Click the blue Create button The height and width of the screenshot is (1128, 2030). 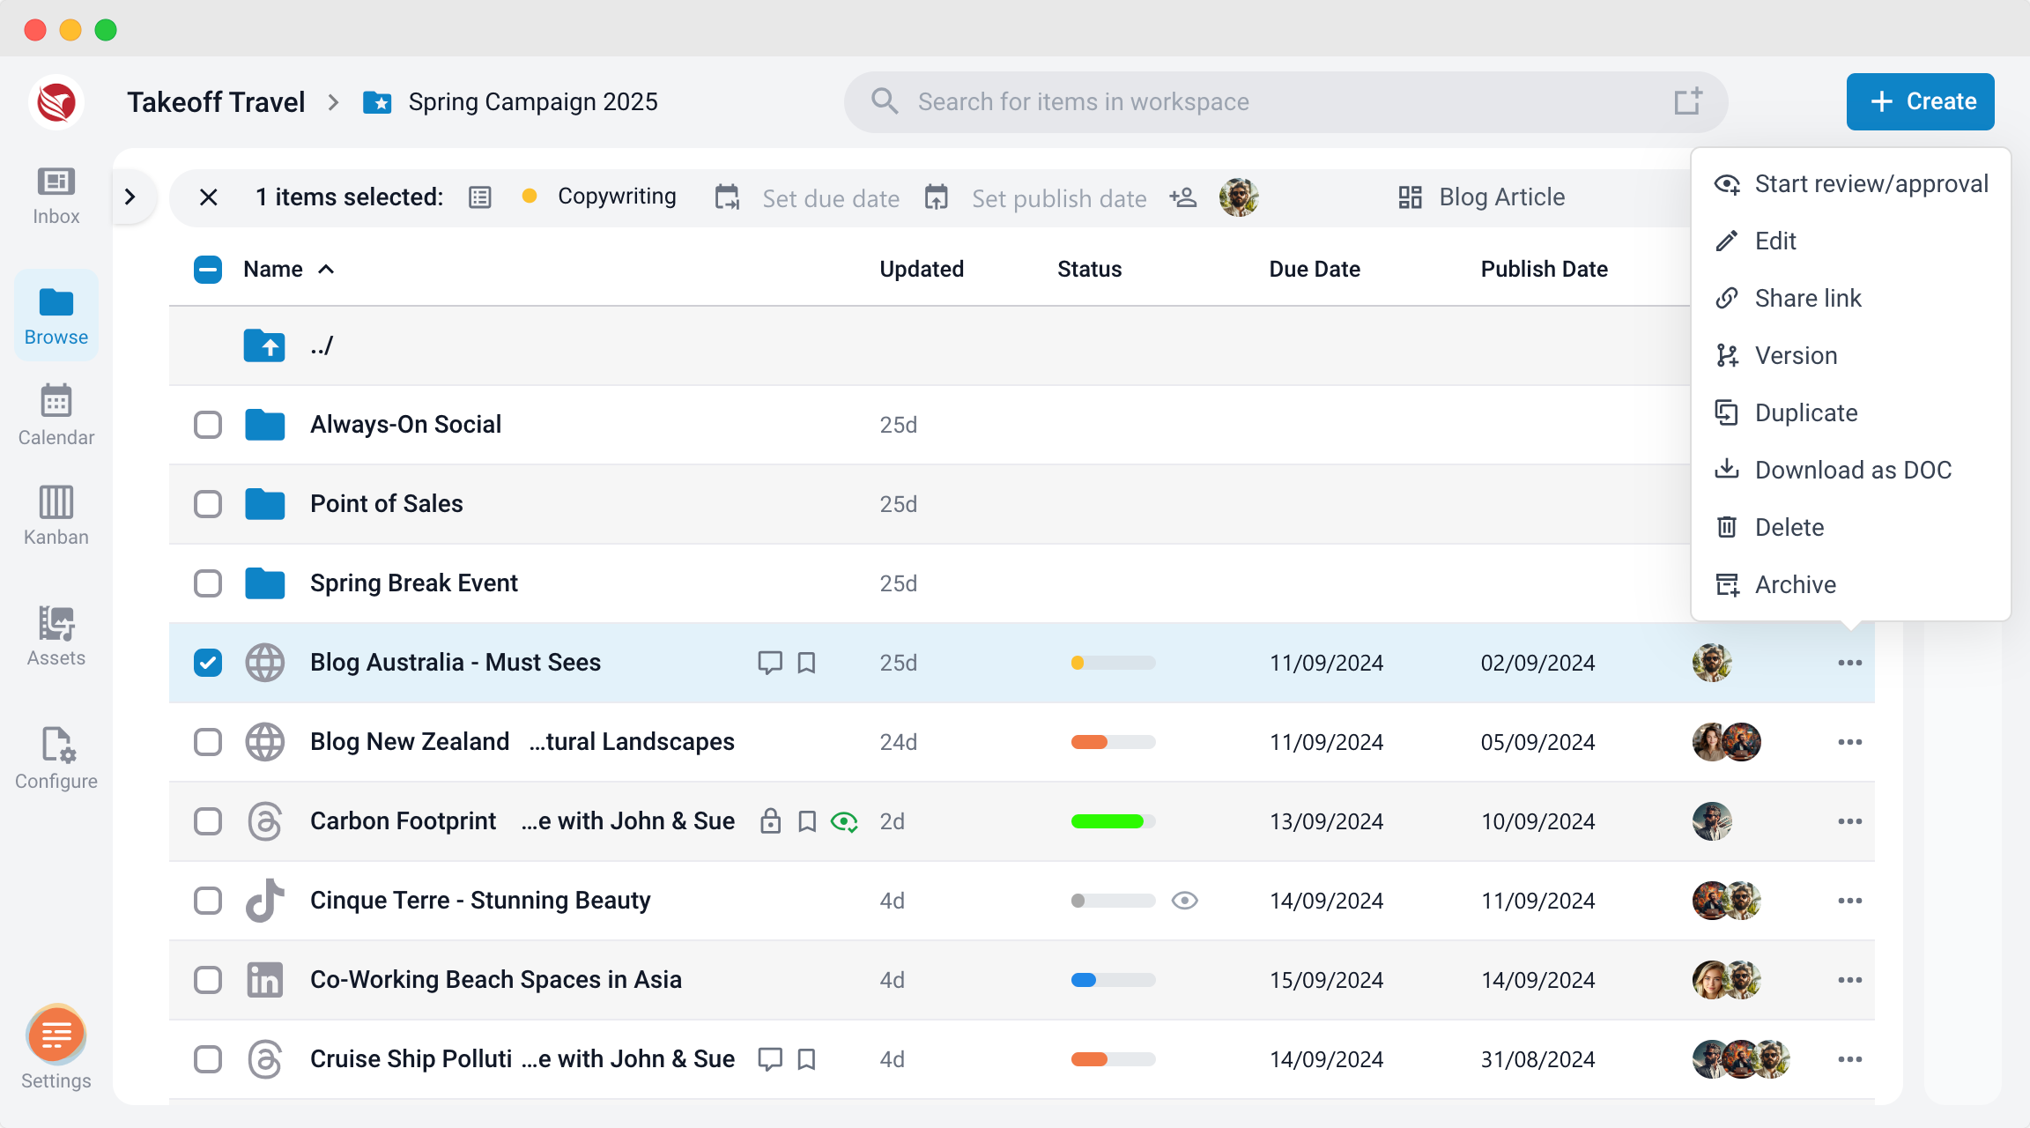point(1920,101)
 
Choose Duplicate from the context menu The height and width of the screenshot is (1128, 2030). point(1805,412)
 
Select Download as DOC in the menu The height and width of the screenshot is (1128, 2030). point(1853,470)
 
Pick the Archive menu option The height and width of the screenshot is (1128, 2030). point(1795,584)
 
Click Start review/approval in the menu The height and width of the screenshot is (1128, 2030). point(1871,183)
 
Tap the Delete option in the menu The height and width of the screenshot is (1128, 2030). point(1789,527)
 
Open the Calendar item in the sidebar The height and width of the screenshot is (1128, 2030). point(56,415)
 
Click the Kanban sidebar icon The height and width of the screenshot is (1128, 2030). point(56,502)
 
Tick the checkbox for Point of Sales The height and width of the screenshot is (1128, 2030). point(208,504)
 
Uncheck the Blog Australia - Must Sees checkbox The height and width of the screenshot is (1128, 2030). point(208,663)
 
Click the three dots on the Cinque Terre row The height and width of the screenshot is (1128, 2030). point(1849,901)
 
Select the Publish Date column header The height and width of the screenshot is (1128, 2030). point(1544,269)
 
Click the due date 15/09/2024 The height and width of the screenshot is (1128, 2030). point(1326,980)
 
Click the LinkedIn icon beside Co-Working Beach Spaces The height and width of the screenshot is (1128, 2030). point(264,980)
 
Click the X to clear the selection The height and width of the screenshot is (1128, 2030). point(209,197)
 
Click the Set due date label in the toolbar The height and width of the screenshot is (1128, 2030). point(831,198)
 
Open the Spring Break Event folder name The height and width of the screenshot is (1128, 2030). point(413,583)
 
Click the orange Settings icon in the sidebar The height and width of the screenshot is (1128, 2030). point(56,1034)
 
